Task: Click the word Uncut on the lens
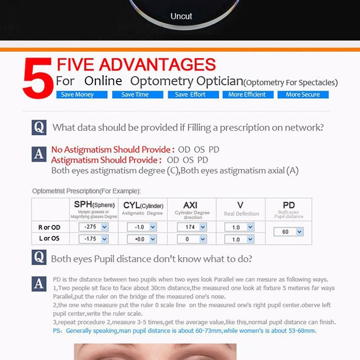pyautogui.click(x=181, y=16)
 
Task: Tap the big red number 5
pyautogui.click(x=38, y=78)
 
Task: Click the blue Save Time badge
pyautogui.click(x=138, y=95)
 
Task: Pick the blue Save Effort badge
pyautogui.click(x=193, y=95)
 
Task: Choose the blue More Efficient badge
pyautogui.click(x=248, y=95)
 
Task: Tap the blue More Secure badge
pyautogui.click(x=303, y=95)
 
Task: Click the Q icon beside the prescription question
pyautogui.click(x=39, y=128)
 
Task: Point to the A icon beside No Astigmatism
pyautogui.click(x=39, y=154)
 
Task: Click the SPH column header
pyautogui.click(x=94, y=205)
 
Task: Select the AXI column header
pyautogui.click(x=190, y=205)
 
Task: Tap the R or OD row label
pyautogui.click(x=49, y=228)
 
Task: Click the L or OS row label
pyautogui.click(x=49, y=238)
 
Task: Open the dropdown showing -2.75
pyautogui.click(x=94, y=227)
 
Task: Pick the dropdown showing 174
pyautogui.click(x=192, y=227)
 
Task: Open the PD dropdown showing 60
pyautogui.click(x=288, y=232)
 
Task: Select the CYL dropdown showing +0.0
pyautogui.click(x=142, y=239)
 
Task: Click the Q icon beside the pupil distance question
pyautogui.click(x=39, y=257)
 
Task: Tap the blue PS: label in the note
pyautogui.click(x=58, y=331)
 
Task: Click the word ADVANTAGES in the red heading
pyautogui.click(x=157, y=64)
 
